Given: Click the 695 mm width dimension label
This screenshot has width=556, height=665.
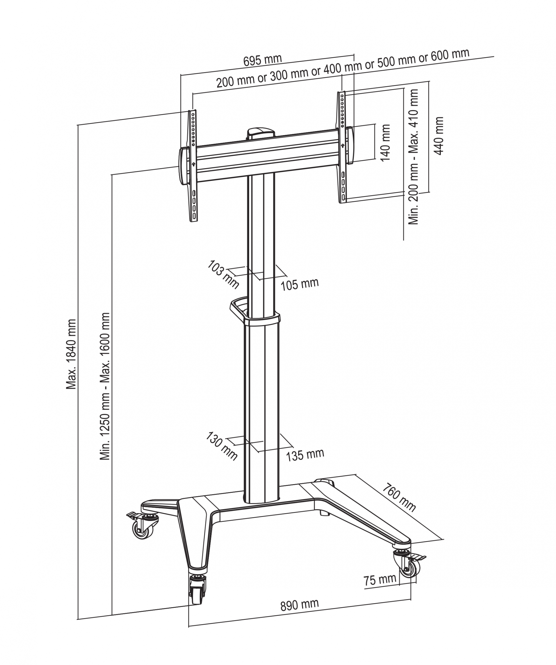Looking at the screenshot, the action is (262, 60).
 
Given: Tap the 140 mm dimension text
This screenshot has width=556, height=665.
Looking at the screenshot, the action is (385, 143).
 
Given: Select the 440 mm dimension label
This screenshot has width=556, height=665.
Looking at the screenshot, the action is (438, 136).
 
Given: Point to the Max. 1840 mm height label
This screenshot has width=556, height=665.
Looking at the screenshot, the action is (71, 354).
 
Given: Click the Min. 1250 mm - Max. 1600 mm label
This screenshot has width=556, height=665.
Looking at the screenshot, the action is (105, 386).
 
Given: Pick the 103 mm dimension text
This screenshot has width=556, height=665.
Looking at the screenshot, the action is (223, 274).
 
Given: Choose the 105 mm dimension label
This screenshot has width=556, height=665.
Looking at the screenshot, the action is (299, 284).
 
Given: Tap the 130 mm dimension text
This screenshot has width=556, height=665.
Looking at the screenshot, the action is (221, 446).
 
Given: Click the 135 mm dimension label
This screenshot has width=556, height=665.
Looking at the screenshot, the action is (305, 455).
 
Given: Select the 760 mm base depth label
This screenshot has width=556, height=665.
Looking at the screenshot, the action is (399, 497).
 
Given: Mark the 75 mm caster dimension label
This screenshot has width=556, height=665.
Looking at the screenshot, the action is (379, 579).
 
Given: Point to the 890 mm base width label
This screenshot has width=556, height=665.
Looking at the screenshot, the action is (299, 604).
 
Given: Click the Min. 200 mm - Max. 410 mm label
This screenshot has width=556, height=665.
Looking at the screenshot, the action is (414, 157).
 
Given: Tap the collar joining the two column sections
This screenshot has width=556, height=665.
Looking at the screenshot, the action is (262, 318).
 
